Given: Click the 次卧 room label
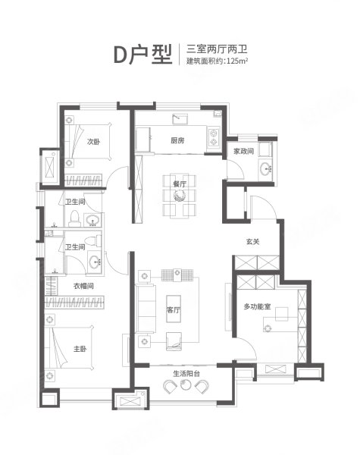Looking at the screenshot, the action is click(x=93, y=142).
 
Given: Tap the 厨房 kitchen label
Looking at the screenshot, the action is click(x=177, y=141).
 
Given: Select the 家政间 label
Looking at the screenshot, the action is click(x=244, y=151).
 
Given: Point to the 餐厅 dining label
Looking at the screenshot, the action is click(x=180, y=184).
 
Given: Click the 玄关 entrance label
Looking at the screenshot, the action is click(x=252, y=241).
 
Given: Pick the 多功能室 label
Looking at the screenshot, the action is click(x=257, y=306).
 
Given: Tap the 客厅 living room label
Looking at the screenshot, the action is click(x=174, y=310).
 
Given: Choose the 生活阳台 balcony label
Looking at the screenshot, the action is click(x=186, y=373).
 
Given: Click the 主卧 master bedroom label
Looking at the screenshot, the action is click(x=80, y=349).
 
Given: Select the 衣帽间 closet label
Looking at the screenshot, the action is click(x=83, y=286).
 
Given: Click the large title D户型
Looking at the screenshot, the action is click(x=142, y=54).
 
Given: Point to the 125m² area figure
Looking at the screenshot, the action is click(x=237, y=61).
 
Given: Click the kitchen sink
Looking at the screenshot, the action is click(x=180, y=119).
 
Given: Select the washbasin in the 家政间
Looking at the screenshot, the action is click(x=266, y=168).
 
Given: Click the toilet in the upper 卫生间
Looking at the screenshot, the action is click(x=75, y=219).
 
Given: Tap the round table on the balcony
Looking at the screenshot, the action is click(x=186, y=385).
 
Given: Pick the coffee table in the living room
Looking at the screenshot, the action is click(x=174, y=309).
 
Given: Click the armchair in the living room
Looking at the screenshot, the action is click(x=174, y=341).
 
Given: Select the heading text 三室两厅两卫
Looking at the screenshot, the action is click(x=217, y=49).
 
